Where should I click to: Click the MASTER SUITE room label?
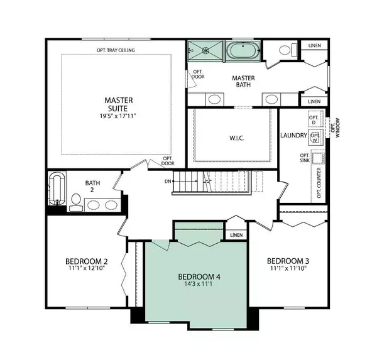point(116,105)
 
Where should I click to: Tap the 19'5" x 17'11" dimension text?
point(116,116)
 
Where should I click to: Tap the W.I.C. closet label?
point(234,136)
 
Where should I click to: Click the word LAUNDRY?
point(293,136)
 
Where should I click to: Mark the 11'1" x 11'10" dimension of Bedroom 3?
point(288,269)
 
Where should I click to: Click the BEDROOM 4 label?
point(199,277)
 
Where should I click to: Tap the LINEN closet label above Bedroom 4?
point(236,235)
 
